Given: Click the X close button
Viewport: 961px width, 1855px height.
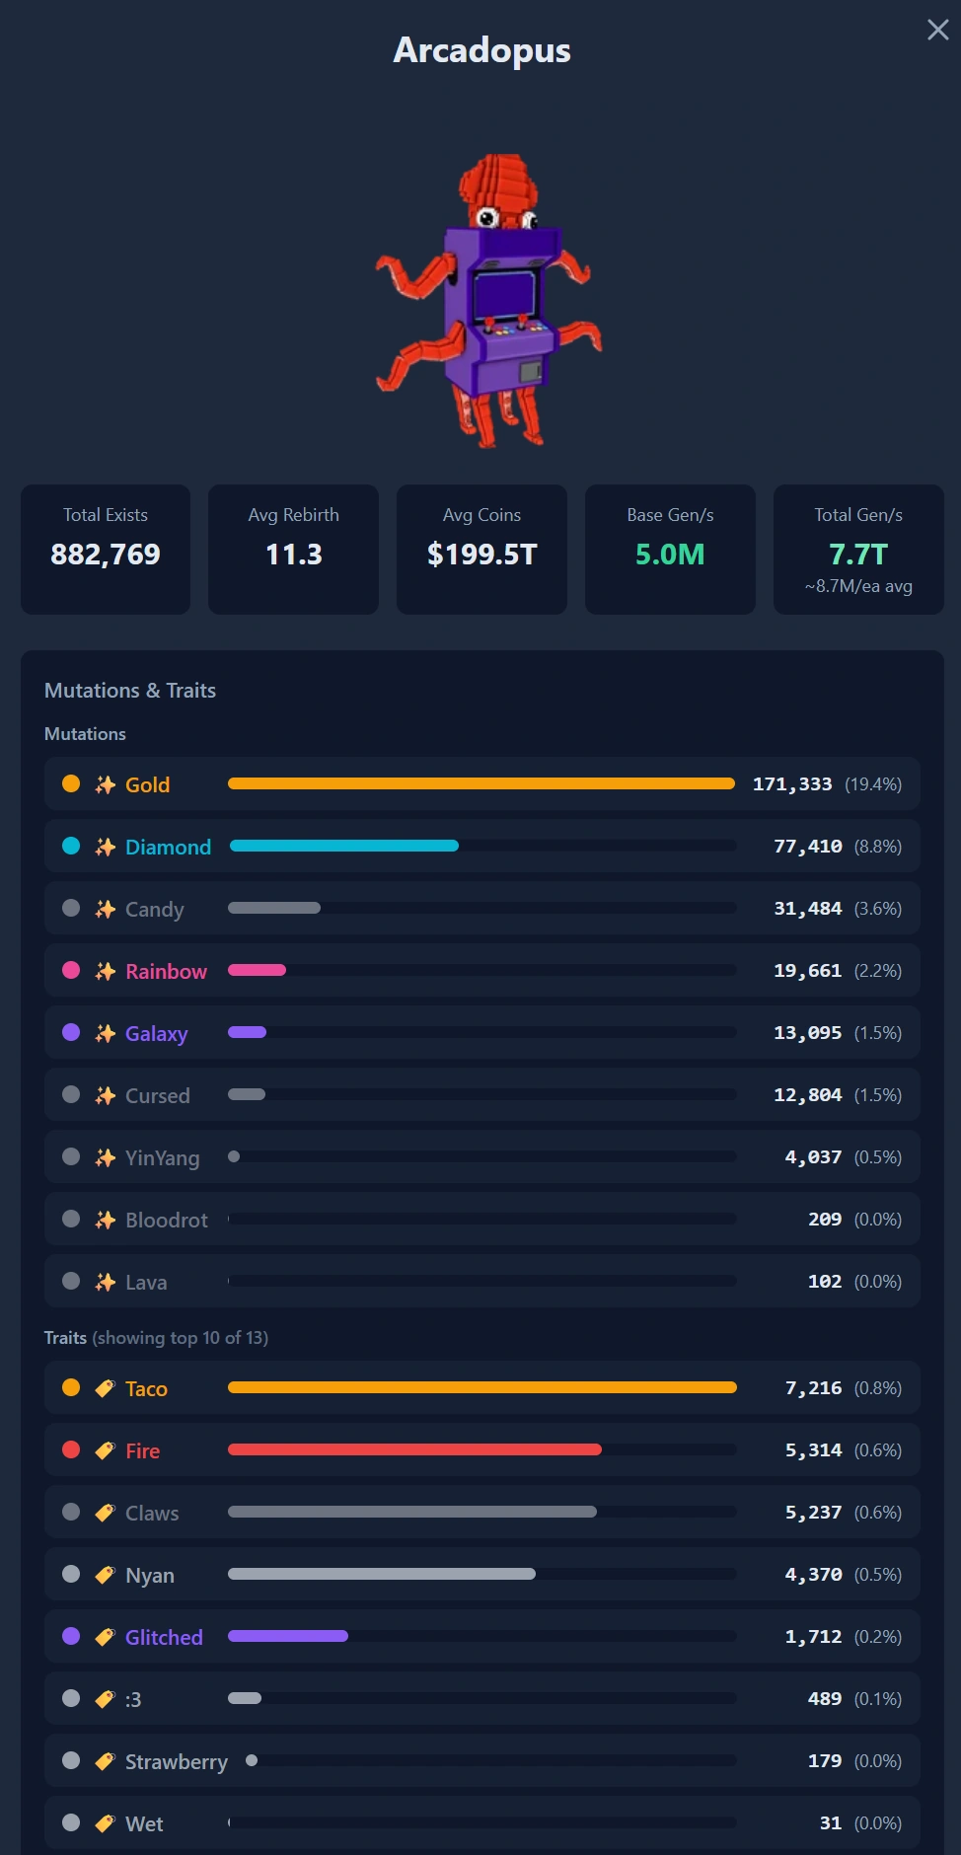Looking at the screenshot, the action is [938, 30].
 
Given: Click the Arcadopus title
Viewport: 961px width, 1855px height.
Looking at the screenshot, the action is [481, 50].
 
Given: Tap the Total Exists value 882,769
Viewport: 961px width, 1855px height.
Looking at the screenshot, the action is [106, 555].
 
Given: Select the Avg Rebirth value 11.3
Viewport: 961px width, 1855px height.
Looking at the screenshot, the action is [294, 555].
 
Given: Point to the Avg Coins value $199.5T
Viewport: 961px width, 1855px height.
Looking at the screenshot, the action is [481, 555].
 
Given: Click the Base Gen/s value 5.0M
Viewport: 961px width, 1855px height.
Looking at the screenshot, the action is [670, 555].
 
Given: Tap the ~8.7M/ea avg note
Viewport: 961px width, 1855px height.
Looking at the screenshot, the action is [858, 586].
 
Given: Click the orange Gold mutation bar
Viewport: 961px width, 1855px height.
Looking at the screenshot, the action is [481, 783].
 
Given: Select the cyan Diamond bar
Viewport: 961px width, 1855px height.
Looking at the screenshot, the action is [344, 846].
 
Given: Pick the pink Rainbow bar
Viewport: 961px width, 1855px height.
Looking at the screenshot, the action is [257, 970].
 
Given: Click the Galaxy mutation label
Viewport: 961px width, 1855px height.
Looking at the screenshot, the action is [156, 1033].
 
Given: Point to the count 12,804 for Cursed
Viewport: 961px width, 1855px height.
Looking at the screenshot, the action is [808, 1095].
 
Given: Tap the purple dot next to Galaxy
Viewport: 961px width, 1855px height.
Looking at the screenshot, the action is [71, 1032].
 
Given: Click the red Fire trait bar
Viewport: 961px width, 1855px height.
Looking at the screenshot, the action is [414, 1449].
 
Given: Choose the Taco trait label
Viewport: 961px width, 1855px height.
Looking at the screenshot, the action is [146, 1388].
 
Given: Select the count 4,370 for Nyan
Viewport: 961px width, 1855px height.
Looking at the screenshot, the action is [814, 1575].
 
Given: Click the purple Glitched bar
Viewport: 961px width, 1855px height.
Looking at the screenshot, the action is [288, 1636].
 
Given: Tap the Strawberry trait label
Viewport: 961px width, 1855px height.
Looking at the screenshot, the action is [177, 1761].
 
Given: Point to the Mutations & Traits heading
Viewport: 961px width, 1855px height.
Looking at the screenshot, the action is [130, 691].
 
